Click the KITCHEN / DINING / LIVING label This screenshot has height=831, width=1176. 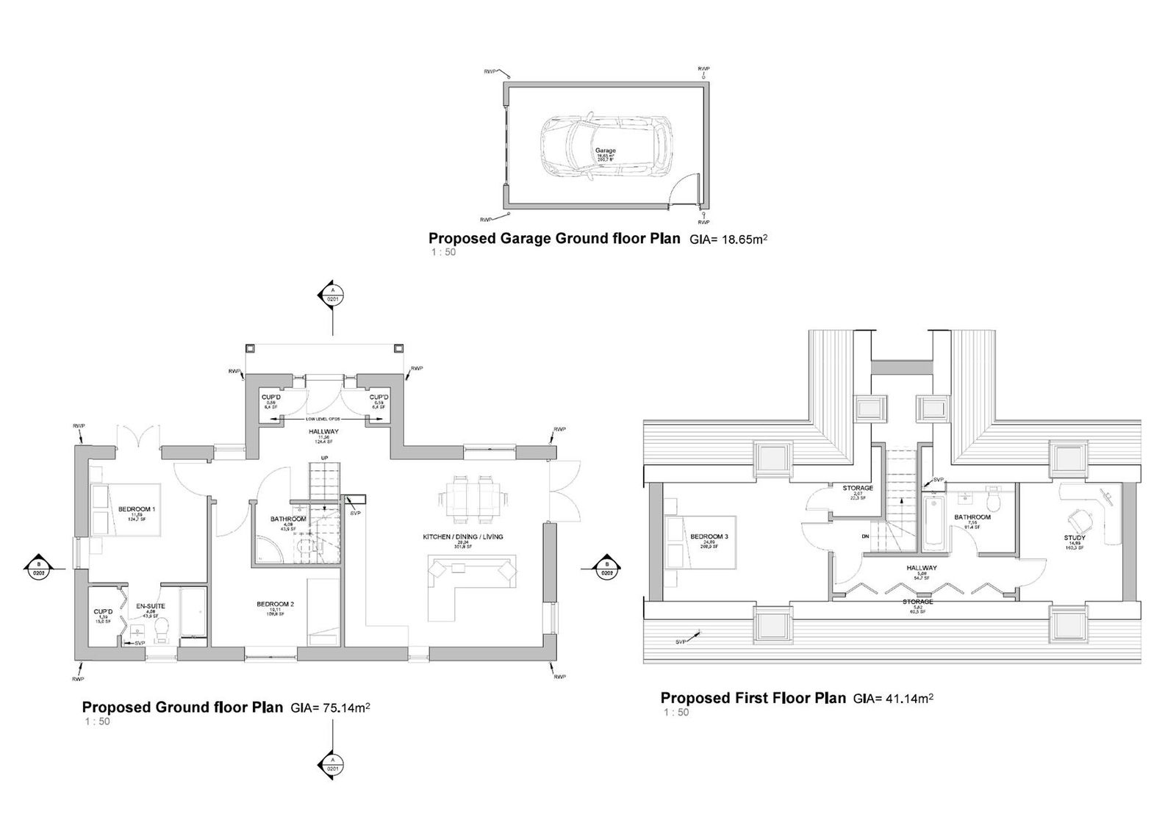coord(463,537)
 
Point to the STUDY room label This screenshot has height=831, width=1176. coord(1075,538)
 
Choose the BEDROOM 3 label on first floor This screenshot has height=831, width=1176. coord(709,537)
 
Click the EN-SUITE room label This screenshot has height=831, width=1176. coord(151,606)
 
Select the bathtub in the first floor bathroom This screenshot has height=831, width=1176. coord(933,522)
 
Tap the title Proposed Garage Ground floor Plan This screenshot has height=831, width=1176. coord(554,239)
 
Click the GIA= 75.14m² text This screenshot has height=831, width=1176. coord(330,708)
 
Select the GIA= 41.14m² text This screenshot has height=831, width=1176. coord(893,699)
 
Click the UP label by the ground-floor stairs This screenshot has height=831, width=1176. coord(320,458)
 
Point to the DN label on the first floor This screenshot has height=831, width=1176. coord(866,536)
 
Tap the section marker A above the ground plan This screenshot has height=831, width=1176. coord(331,295)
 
